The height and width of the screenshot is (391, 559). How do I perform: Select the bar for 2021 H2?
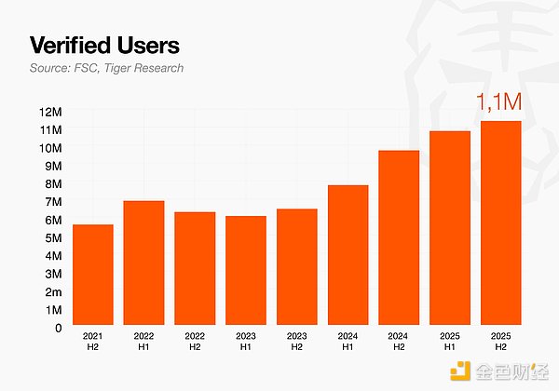click(92, 276)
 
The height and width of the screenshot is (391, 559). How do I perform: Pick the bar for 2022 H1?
click(143, 263)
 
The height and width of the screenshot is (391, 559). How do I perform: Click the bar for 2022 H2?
click(195, 269)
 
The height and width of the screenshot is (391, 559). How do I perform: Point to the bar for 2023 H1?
click(246, 271)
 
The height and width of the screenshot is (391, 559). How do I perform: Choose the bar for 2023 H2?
click(296, 267)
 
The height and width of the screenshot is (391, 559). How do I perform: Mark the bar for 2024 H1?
click(348, 256)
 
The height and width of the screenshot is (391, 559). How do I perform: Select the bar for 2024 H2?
click(399, 238)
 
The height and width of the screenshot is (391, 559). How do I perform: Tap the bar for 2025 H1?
click(449, 229)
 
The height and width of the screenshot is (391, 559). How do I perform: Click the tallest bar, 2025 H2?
click(500, 223)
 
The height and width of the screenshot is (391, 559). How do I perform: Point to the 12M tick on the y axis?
click(49, 112)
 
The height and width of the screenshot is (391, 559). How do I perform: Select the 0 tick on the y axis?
click(57, 328)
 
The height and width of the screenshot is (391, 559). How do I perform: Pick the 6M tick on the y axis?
click(52, 220)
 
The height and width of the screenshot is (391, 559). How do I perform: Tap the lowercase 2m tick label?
click(52, 291)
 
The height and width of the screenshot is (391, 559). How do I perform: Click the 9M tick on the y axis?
click(52, 166)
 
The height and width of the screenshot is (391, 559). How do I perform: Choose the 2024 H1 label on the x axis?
click(348, 340)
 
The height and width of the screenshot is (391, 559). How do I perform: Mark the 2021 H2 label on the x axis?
click(92, 340)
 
